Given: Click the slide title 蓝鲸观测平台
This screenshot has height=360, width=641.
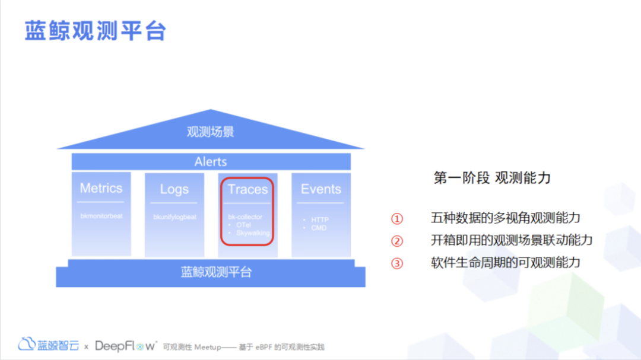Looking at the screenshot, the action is pyautogui.click(x=95, y=31).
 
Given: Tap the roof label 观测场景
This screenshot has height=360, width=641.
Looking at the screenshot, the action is pyautogui.click(x=211, y=132).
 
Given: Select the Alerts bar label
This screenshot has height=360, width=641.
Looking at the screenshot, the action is pyautogui.click(x=211, y=161).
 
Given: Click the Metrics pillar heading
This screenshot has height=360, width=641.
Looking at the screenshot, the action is pyautogui.click(x=101, y=189).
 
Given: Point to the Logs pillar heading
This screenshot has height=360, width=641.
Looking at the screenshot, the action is pyautogui.click(x=174, y=189).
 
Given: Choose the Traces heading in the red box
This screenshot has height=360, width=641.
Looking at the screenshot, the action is pyautogui.click(x=247, y=190).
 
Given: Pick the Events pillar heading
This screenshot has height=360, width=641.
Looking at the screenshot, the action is pyautogui.click(x=320, y=189).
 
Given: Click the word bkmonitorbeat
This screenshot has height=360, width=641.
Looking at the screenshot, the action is pyautogui.click(x=101, y=216).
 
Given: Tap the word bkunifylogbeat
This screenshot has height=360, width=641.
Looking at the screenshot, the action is pyautogui.click(x=174, y=217).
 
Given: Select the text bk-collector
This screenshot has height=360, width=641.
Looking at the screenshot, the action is pyautogui.click(x=245, y=217).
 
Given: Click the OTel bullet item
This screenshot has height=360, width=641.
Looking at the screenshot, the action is pyautogui.click(x=243, y=225).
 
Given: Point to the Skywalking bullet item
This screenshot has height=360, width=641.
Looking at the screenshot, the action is pyautogui.click(x=252, y=233).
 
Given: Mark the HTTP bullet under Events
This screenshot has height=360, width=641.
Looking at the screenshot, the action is pyautogui.click(x=319, y=220).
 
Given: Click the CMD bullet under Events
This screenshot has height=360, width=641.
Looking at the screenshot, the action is pyautogui.click(x=319, y=228).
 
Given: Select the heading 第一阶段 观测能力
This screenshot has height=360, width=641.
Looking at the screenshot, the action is pyautogui.click(x=492, y=177).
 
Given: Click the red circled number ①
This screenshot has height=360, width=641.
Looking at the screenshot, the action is pyautogui.click(x=396, y=219).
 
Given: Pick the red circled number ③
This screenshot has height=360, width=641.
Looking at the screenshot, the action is pyautogui.click(x=396, y=263).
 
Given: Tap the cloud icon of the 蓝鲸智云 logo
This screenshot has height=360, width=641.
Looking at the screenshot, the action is pyautogui.click(x=27, y=344).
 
